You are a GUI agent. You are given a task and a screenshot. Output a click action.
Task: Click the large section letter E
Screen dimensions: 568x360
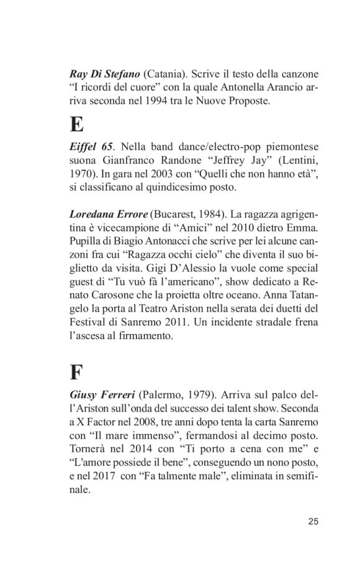pos(77,125)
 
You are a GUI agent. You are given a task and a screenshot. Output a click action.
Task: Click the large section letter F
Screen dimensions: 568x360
pos(76,371)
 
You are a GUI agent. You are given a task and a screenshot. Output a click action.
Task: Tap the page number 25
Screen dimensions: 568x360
pos(313,521)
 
